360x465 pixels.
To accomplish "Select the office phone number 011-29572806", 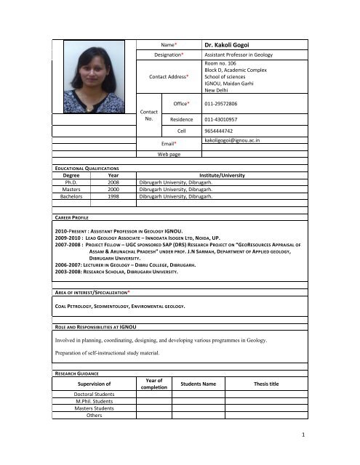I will [x=225, y=105].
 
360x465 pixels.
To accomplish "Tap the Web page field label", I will [x=171, y=154].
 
